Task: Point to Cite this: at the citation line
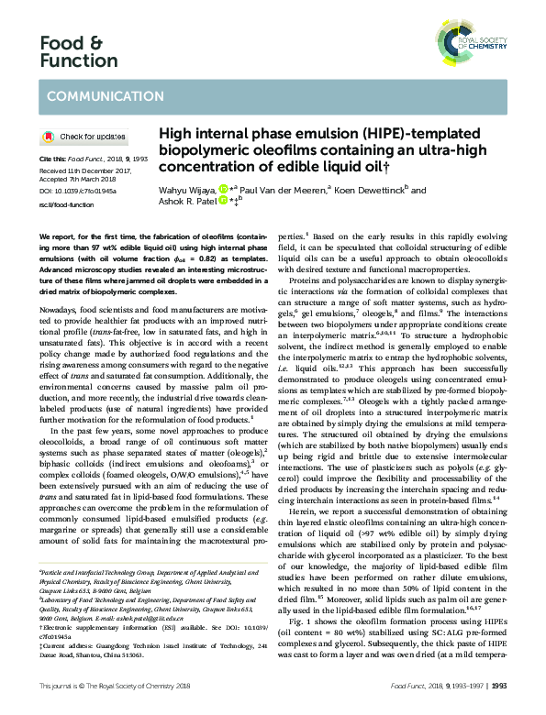click(53, 159)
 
